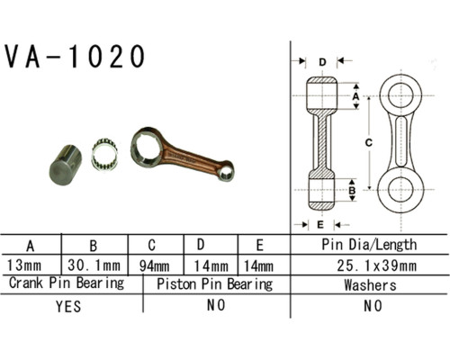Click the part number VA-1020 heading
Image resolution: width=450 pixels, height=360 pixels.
(75, 57)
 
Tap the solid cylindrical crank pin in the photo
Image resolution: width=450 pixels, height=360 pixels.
(66, 165)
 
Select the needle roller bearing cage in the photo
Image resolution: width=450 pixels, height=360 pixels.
(104, 155)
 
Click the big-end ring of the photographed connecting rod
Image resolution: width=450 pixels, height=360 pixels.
(147, 147)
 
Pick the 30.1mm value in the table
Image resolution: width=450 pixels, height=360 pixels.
(94, 265)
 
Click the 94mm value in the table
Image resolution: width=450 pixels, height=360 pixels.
(154, 265)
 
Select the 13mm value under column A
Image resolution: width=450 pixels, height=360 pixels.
(24, 265)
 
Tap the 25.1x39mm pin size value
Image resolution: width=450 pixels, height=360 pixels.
(377, 265)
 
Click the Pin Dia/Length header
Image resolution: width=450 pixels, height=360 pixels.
(369, 245)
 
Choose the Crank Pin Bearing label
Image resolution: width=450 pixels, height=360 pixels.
(67, 283)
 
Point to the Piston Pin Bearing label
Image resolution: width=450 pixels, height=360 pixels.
(215, 284)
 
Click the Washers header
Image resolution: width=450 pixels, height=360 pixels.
(370, 284)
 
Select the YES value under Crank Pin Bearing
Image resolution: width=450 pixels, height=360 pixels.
(68, 306)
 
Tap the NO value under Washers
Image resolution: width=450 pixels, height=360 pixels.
(373, 306)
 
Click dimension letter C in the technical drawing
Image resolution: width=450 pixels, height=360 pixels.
(369, 143)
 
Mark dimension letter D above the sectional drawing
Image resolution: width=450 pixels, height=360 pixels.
(322, 62)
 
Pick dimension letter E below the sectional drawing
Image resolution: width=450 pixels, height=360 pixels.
(320, 224)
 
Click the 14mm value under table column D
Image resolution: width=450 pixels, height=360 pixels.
(211, 265)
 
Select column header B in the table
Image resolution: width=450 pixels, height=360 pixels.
(94, 246)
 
